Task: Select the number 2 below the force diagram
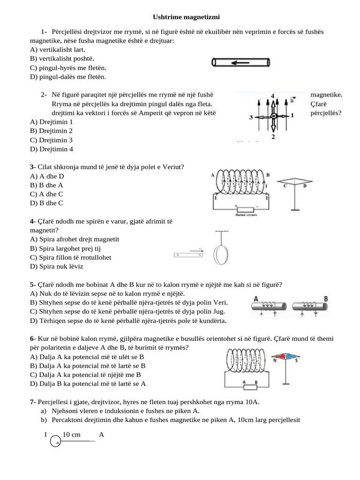[x=273, y=136]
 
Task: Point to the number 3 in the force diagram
[x=251, y=116]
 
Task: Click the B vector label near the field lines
[x=292, y=100]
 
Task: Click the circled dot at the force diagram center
[x=273, y=116]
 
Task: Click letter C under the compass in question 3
[x=285, y=186]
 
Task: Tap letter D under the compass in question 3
[x=305, y=186]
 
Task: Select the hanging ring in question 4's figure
[x=221, y=255]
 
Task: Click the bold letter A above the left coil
[x=256, y=298]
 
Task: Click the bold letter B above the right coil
[x=325, y=298]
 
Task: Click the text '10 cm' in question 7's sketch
[x=71, y=435]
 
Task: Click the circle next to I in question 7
[x=55, y=442]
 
